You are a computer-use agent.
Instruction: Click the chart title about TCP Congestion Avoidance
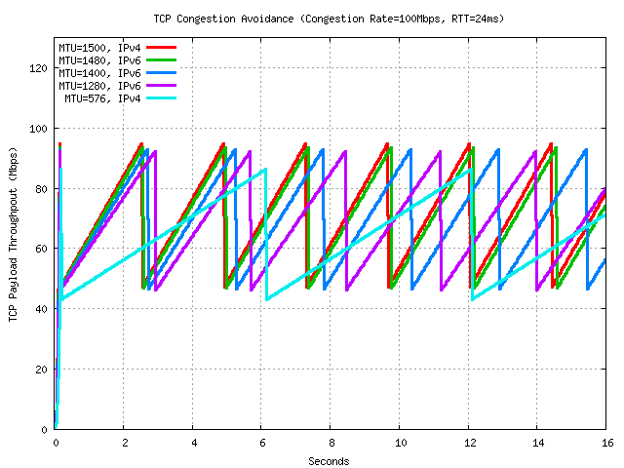(329, 19)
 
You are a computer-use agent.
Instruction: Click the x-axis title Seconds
(329, 461)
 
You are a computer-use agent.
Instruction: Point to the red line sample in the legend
(162, 47)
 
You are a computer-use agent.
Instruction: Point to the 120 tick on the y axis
(38, 68)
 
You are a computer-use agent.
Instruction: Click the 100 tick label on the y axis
(38, 129)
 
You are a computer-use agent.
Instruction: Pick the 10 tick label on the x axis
(400, 442)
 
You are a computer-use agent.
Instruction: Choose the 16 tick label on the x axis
(605, 442)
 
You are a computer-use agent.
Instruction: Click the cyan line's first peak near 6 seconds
(265, 170)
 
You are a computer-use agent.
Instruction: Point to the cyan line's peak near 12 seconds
(472, 170)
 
